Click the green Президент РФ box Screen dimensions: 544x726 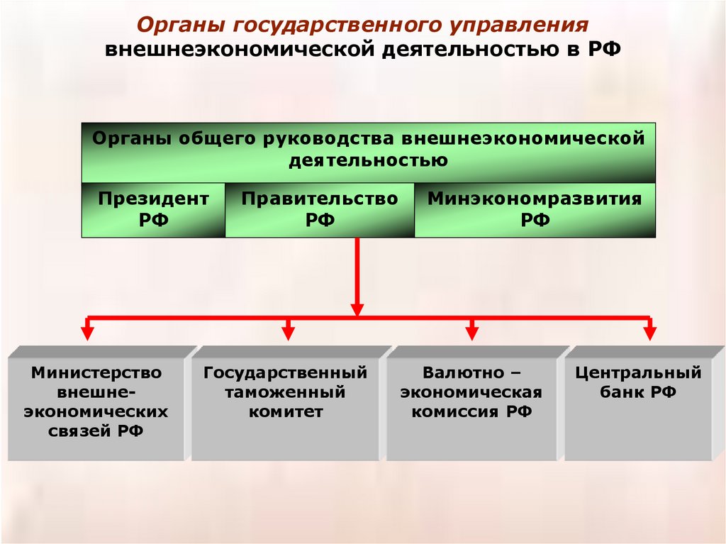(x=153, y=209)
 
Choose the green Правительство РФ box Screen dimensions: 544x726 (x=320, y=209)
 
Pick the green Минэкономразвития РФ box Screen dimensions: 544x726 (x=535, y=209)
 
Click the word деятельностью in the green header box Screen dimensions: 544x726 (x=368, y=160)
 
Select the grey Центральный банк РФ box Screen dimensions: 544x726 (x=638, y=402)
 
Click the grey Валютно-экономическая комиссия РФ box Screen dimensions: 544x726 (x=471, y=402)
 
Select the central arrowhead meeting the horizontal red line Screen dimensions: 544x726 (x=357, y=309)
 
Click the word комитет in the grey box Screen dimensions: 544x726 (x=286, y=411)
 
